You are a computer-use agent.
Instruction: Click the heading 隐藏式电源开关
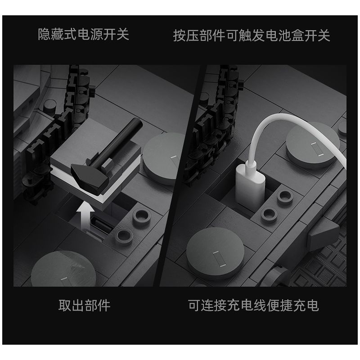(83, 35)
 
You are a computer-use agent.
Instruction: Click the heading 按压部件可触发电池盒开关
(252, 36)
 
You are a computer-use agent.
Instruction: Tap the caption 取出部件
(85, 306)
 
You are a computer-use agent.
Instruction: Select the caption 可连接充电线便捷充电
(253, 305)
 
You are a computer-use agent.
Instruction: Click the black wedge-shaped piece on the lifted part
(90, 178)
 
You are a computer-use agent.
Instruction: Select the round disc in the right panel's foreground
(216, 253)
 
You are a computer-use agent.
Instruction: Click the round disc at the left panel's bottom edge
(63, 269)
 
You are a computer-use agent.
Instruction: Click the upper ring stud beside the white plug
(285, 196)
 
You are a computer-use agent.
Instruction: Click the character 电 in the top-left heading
(84, 35)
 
